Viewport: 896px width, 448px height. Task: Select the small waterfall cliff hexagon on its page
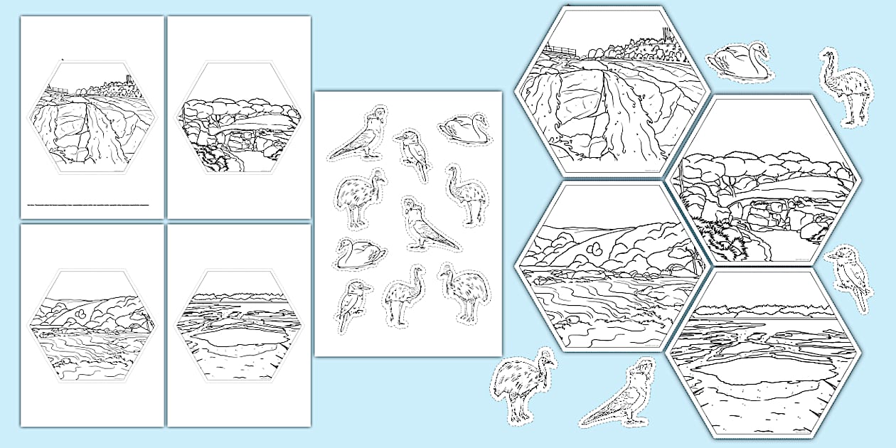[x=92, y=117]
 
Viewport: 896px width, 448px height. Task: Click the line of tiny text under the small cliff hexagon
[x=89, y=206]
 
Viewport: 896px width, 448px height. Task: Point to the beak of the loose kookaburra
[x=831, y=252]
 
